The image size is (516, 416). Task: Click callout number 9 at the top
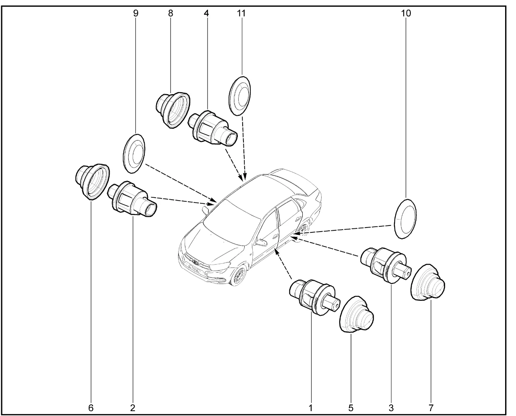(x=136, y=13)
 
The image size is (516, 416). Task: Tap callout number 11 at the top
(x=241, y=13)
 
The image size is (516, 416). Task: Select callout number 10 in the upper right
(x=406, y=13)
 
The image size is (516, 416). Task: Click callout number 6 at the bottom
(x=91, y=408)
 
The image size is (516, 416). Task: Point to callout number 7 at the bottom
(x=431, y=408)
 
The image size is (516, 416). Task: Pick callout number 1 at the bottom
(x=310, y=408)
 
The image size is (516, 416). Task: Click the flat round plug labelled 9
(x=134, y=153)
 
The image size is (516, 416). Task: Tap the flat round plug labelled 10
(x=406, y=219)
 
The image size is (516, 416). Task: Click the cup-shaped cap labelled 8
(x=173, y=110)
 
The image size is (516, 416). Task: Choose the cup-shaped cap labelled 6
(x=92, y=182)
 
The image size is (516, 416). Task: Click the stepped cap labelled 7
(x=428, y=282)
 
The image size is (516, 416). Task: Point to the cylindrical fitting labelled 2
(x=132, y=199)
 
